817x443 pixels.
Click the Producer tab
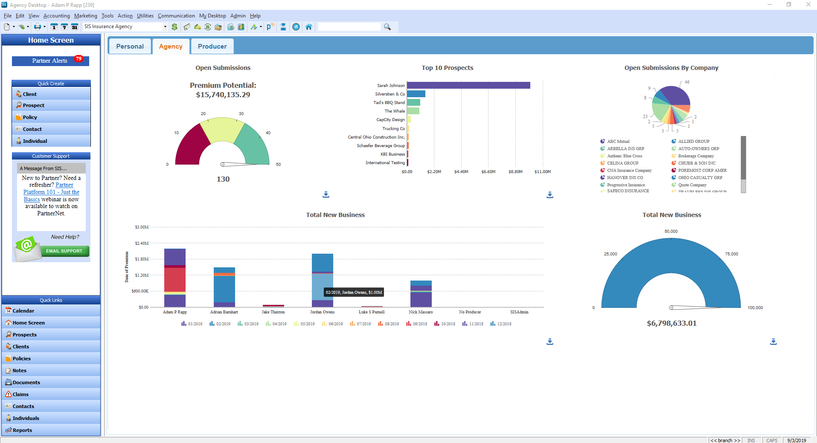212,46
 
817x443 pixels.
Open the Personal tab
130,46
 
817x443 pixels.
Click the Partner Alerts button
50,61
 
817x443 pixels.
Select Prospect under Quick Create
34,105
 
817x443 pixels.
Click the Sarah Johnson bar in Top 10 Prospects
468,85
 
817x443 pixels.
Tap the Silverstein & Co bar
416,94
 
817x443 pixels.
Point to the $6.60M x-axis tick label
488,172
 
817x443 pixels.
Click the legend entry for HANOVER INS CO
625,178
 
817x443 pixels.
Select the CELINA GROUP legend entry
622,163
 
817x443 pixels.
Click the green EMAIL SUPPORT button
64,251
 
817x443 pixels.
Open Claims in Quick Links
20,394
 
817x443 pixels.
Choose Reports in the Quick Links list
22,430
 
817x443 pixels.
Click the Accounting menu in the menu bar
56,16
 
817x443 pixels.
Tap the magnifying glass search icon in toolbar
387,27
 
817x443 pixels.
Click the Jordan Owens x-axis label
322,312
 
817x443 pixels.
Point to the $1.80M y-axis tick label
142,259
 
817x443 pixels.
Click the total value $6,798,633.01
672,323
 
